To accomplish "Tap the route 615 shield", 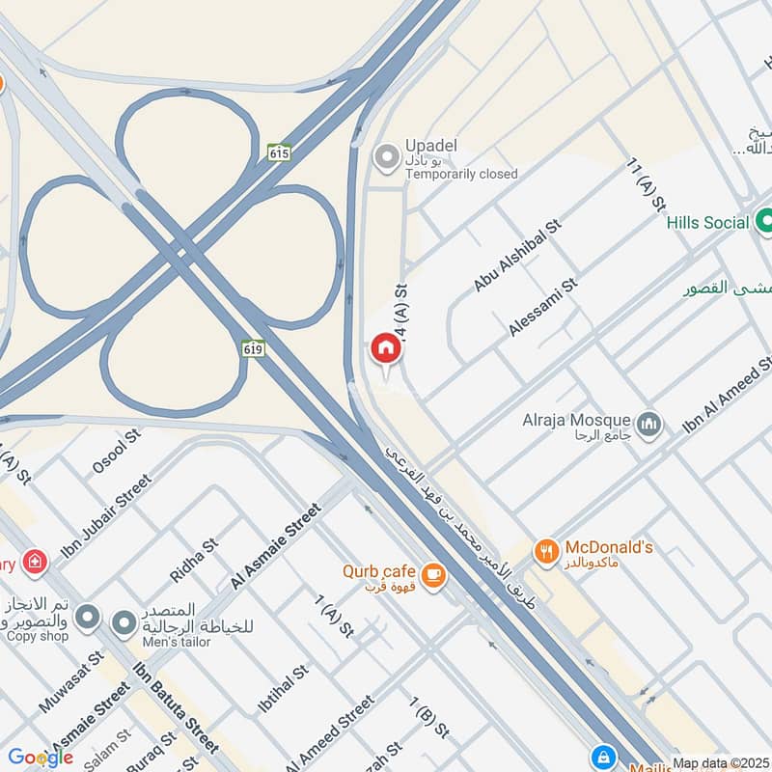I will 279,152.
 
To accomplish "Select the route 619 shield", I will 254,345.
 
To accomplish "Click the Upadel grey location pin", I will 387,156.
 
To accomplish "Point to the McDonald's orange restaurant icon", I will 547,552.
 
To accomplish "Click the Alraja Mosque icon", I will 649,423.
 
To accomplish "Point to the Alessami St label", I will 542,307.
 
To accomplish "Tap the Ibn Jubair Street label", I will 106,519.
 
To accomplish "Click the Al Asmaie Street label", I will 275,547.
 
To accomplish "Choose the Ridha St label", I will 194,561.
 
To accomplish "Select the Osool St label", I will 116,451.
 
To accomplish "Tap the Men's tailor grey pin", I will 124,624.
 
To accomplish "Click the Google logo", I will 41,758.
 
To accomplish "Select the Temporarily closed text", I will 461,175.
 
